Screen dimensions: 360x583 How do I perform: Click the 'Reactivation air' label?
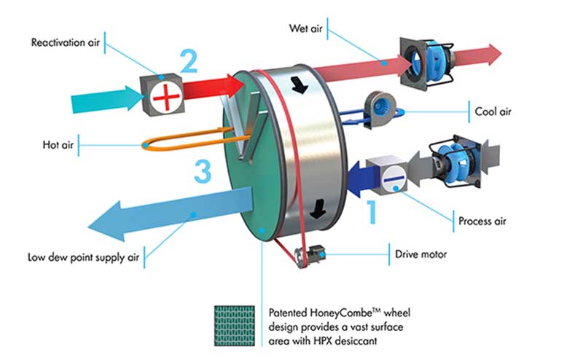coord(64,42)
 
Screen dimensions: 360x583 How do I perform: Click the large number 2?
coord(188,60)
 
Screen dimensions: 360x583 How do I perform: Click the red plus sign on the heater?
coord(165,95)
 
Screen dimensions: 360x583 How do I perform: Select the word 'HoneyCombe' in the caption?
coord(351,310)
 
